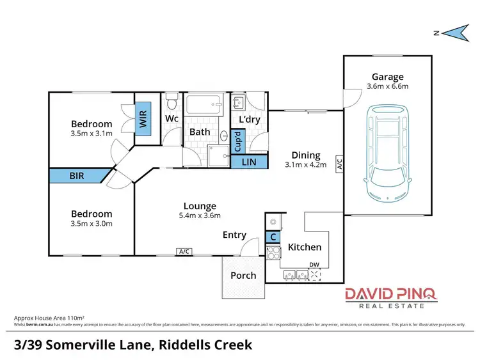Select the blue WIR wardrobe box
tap(143, 119)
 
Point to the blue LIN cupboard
tap(248, 162)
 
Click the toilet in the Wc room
tap(171, 102)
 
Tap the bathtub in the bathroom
tap(204, 106)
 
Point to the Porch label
tap(243, 276)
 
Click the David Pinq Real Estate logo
tap(391, 297)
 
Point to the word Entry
tap(234, 235)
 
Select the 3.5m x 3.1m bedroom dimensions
tap(92, 134)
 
